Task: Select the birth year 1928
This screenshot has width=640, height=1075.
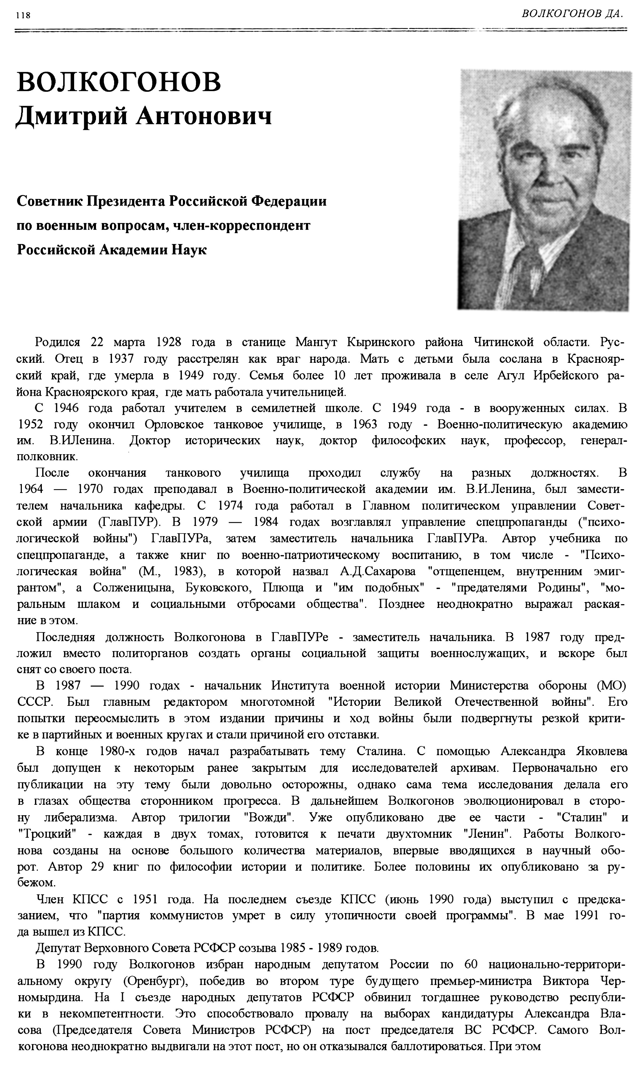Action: tap(168, 342)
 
